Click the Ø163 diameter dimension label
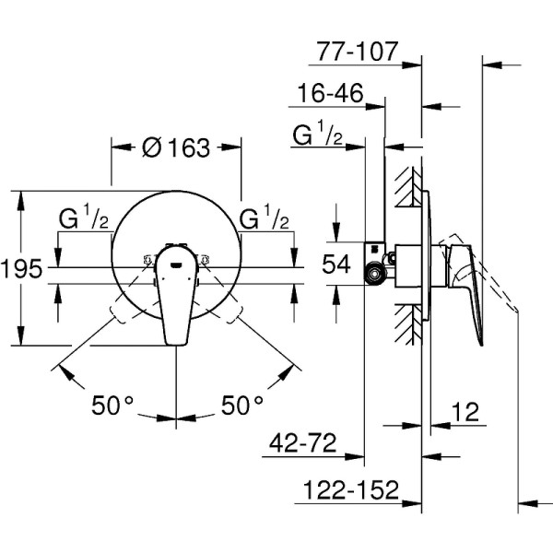[177, 147]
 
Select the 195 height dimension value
[21, 269]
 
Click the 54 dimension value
[337, 265]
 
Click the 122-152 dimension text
[347, 488]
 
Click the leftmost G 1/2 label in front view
[84, 220]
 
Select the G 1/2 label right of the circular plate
[265, 220]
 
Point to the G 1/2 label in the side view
[318, 136]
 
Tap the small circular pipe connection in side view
[374, 273]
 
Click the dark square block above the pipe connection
[373, 249]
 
